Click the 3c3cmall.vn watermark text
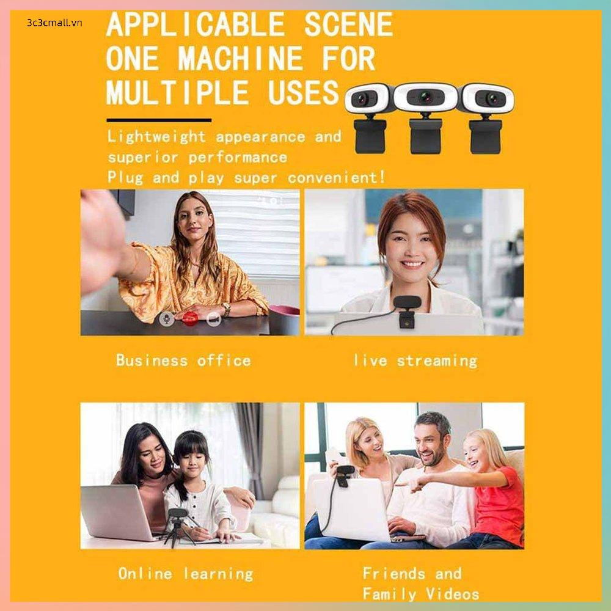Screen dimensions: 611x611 tap(54, 23)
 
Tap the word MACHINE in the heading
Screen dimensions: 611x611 tap(240, 59)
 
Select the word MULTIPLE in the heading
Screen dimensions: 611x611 tap(178, 93)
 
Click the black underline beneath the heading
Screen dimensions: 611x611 tap(159, 120)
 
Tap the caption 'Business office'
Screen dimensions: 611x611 tap(183, 360)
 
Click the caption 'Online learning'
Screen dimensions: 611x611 tap(186, 573)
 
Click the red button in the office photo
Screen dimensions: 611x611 tap(190, 318)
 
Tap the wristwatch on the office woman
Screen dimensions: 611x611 tap(226, 310)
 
